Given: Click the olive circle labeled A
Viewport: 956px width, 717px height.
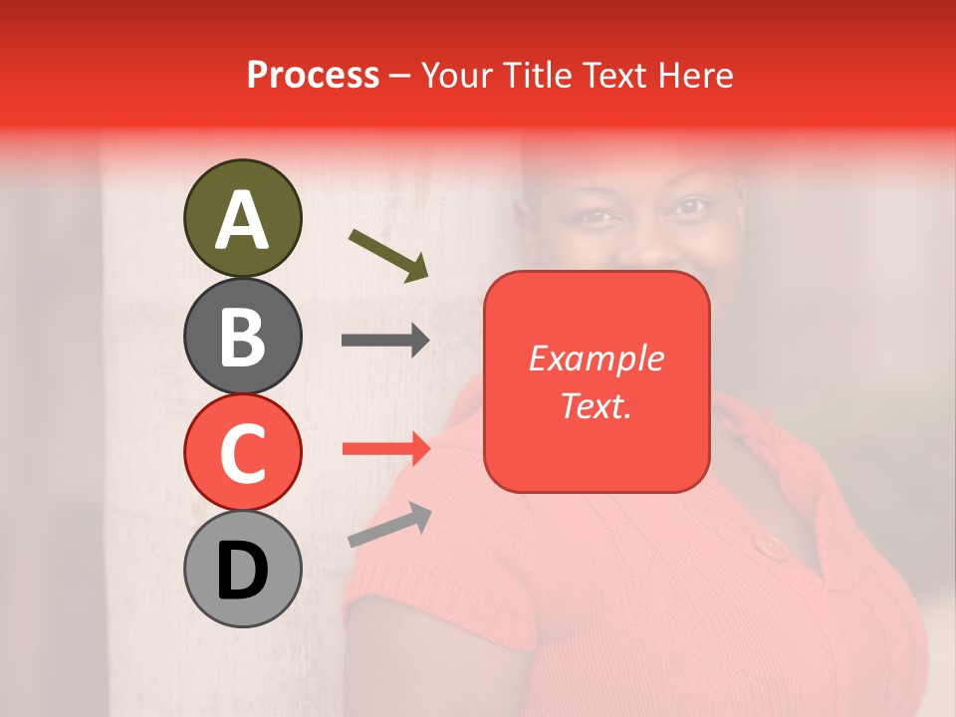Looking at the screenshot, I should click(242, 218).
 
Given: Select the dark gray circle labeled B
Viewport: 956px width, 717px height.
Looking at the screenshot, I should click(242, 336).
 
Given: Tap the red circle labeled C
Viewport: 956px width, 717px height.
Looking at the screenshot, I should click(242, 452).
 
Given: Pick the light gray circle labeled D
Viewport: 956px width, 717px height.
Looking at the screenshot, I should click(242, 569).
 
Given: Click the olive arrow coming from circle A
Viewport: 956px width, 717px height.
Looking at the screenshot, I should click(388, 254).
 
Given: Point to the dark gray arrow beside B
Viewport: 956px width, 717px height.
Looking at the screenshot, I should click(385, 341).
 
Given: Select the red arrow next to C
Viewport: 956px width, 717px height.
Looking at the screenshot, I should click(385, 448).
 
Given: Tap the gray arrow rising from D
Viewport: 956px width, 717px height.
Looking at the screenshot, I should click(389, 525).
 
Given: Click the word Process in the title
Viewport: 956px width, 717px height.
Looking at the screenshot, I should click(313, 75).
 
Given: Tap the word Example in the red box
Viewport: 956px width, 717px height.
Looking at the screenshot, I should click(596, 358).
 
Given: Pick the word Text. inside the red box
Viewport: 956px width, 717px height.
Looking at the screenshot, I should click(596, 405).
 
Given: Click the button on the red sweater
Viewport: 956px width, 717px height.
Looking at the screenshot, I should click(768, 545).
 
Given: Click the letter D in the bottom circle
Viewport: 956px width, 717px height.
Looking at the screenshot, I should click(242, 571).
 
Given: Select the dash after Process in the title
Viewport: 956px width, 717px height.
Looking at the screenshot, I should click(400, 77).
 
